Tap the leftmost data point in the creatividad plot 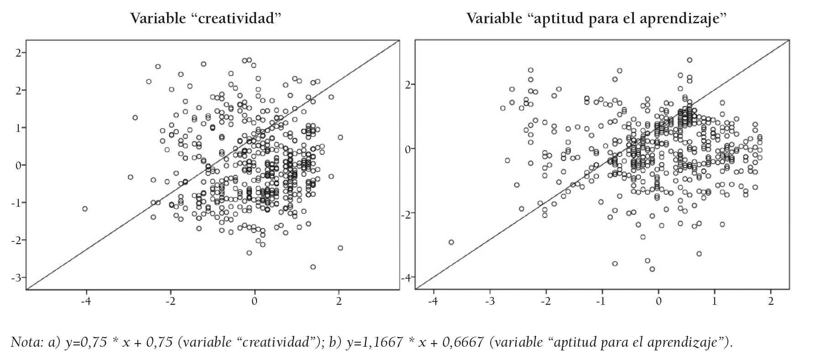[x=85, y=209]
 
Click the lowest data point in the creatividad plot [x=313, y=267]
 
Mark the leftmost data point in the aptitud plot [x=451, y=242]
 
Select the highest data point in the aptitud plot [x=690, y=60]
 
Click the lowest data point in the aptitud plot [x=652, y=269]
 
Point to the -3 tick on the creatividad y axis [x=18, y=277]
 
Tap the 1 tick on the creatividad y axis [x=18, y=128]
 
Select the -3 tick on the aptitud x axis [x=489, y=301]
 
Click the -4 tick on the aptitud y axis [x=406, y=277]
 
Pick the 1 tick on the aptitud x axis [x=715, y=301]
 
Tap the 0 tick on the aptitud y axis [x=408, y=149]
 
